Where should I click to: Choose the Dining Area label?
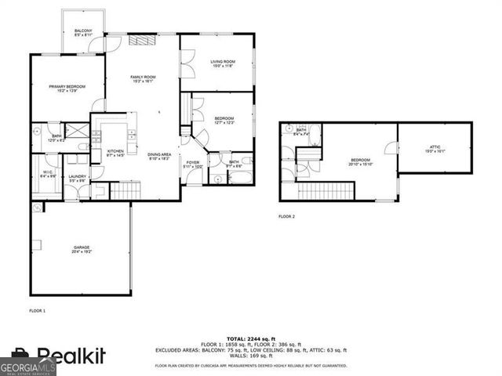159,156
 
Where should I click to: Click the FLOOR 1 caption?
38,311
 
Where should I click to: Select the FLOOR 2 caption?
287,216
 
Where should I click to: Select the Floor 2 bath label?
301,132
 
